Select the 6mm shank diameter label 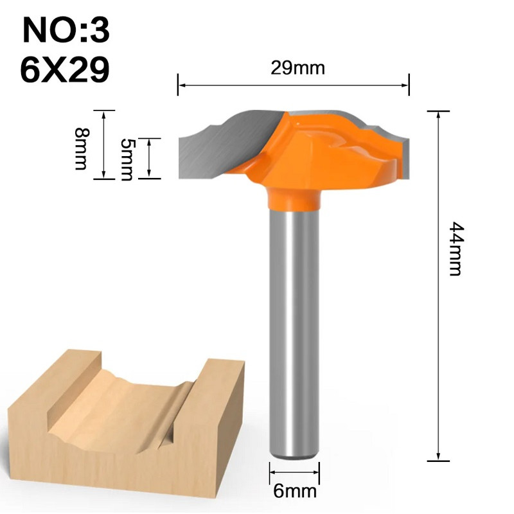point(295,492)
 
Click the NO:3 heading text point(66,31)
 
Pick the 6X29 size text point(64,71)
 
